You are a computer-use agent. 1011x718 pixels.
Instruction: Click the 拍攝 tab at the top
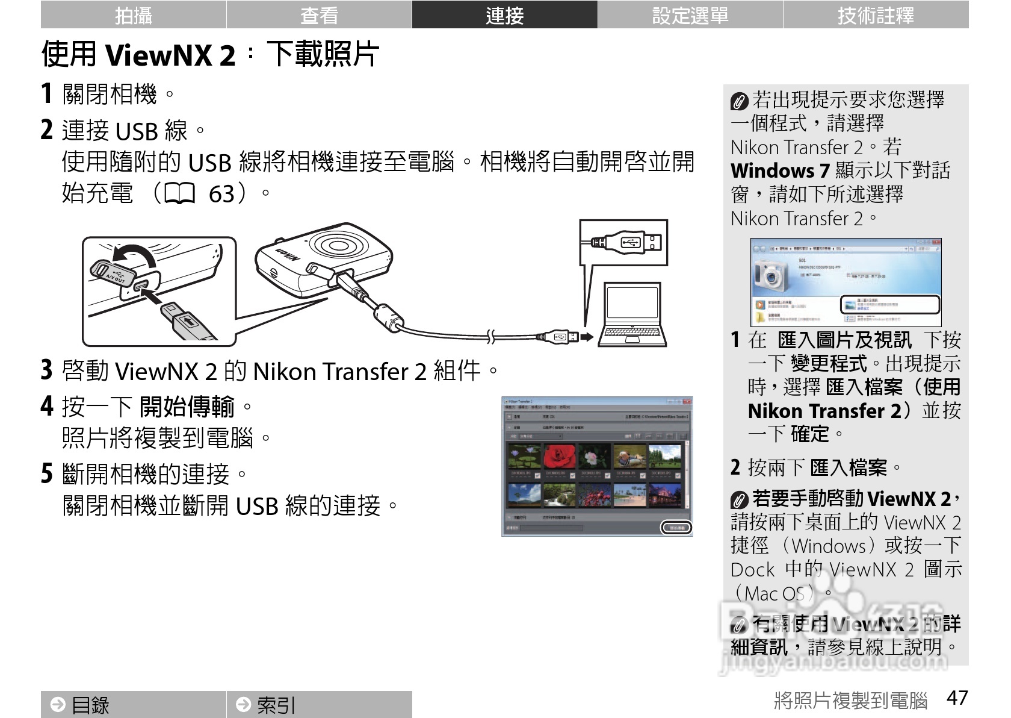click(133, 15)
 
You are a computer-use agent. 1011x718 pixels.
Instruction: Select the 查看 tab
click(319, 15)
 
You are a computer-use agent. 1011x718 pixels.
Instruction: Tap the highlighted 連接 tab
click(504, 15)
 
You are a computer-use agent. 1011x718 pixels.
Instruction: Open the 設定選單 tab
click(690, 15)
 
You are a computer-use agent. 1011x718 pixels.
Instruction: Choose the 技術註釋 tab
click(876, 15)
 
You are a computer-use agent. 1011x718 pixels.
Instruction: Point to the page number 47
click(957, 698)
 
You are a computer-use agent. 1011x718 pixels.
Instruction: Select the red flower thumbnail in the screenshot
click(559, 457)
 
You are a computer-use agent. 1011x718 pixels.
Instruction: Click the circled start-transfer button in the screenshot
click(676, 528)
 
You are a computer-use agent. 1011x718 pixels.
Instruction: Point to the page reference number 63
click(221, 194)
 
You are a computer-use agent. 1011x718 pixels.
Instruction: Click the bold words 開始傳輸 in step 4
click(187, 407)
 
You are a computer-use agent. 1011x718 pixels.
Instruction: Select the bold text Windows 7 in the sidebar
click(780, 170)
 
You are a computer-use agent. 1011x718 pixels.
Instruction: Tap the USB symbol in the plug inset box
click(629, 242)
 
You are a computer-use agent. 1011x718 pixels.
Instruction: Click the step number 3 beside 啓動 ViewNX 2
click(47, 370)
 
